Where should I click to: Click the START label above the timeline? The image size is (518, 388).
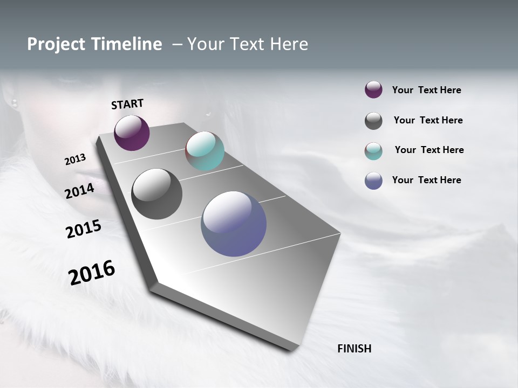[x=127, y=104]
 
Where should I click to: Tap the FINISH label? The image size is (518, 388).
[x=355, y=349]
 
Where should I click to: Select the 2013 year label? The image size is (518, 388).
[x=76, y=160]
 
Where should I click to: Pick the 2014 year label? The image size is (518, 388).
[x=80, y=191]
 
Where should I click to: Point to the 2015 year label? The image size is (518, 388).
[x=84, y=228]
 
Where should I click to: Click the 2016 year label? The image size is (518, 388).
[x=92, y=272]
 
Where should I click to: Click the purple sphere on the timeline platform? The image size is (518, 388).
[x=132, y=133]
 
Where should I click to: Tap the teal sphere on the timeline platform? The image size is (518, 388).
[x=205, y=151]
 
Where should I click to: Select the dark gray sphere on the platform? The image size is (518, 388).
[x=157, y=194]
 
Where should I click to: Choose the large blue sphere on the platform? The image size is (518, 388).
[x=234, y=224]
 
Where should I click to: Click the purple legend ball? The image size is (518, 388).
[x=373, y=90]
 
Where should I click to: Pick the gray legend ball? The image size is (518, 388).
[x=373, y=121]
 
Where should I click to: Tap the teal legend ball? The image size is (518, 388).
[x=373, y=151]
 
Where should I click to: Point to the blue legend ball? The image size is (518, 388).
[x=373, y=181]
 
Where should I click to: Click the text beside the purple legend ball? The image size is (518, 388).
[x=427, y=90]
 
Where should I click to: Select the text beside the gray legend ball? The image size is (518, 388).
[x=428, y=120]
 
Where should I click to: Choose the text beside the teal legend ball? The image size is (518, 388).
[x=430, y=150]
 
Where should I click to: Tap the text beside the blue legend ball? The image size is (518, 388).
[x=427, y=180]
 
